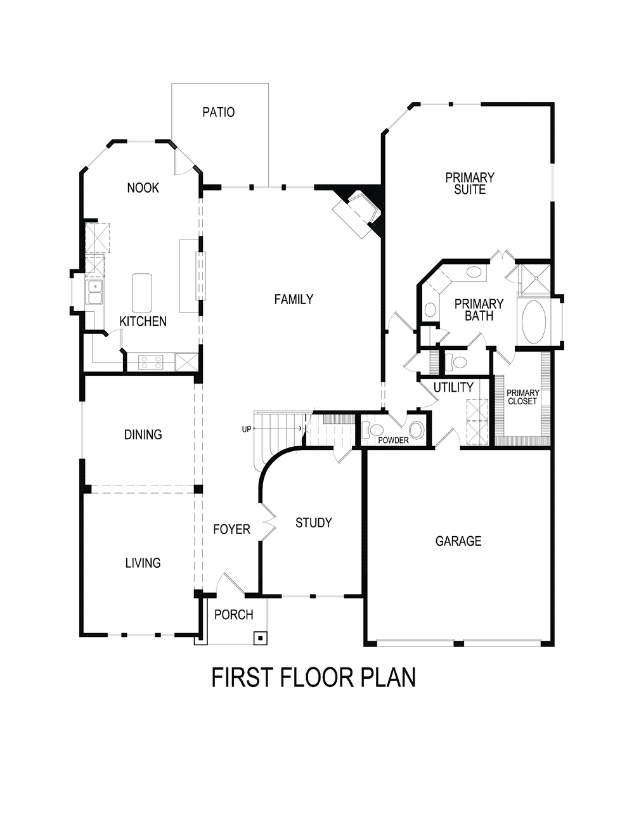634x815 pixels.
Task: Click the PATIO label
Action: [218, 112]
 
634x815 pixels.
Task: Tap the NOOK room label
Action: [143, 188]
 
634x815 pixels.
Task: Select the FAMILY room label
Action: [294, 299]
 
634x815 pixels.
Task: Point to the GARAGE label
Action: [458, 541]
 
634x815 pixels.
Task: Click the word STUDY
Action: [313, 523]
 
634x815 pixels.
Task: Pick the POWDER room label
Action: [393, 440]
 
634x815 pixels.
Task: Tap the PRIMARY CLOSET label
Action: [523, 397]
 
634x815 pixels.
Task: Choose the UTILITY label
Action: [453, 387]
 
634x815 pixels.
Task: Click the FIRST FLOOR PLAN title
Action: [313, 677]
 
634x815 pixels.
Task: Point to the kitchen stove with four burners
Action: [151, 363]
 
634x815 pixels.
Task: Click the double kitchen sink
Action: [94, 293]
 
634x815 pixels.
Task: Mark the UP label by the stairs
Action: [246, 429]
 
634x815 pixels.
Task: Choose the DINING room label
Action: [143, 435]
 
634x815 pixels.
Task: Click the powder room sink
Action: [416, 430]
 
